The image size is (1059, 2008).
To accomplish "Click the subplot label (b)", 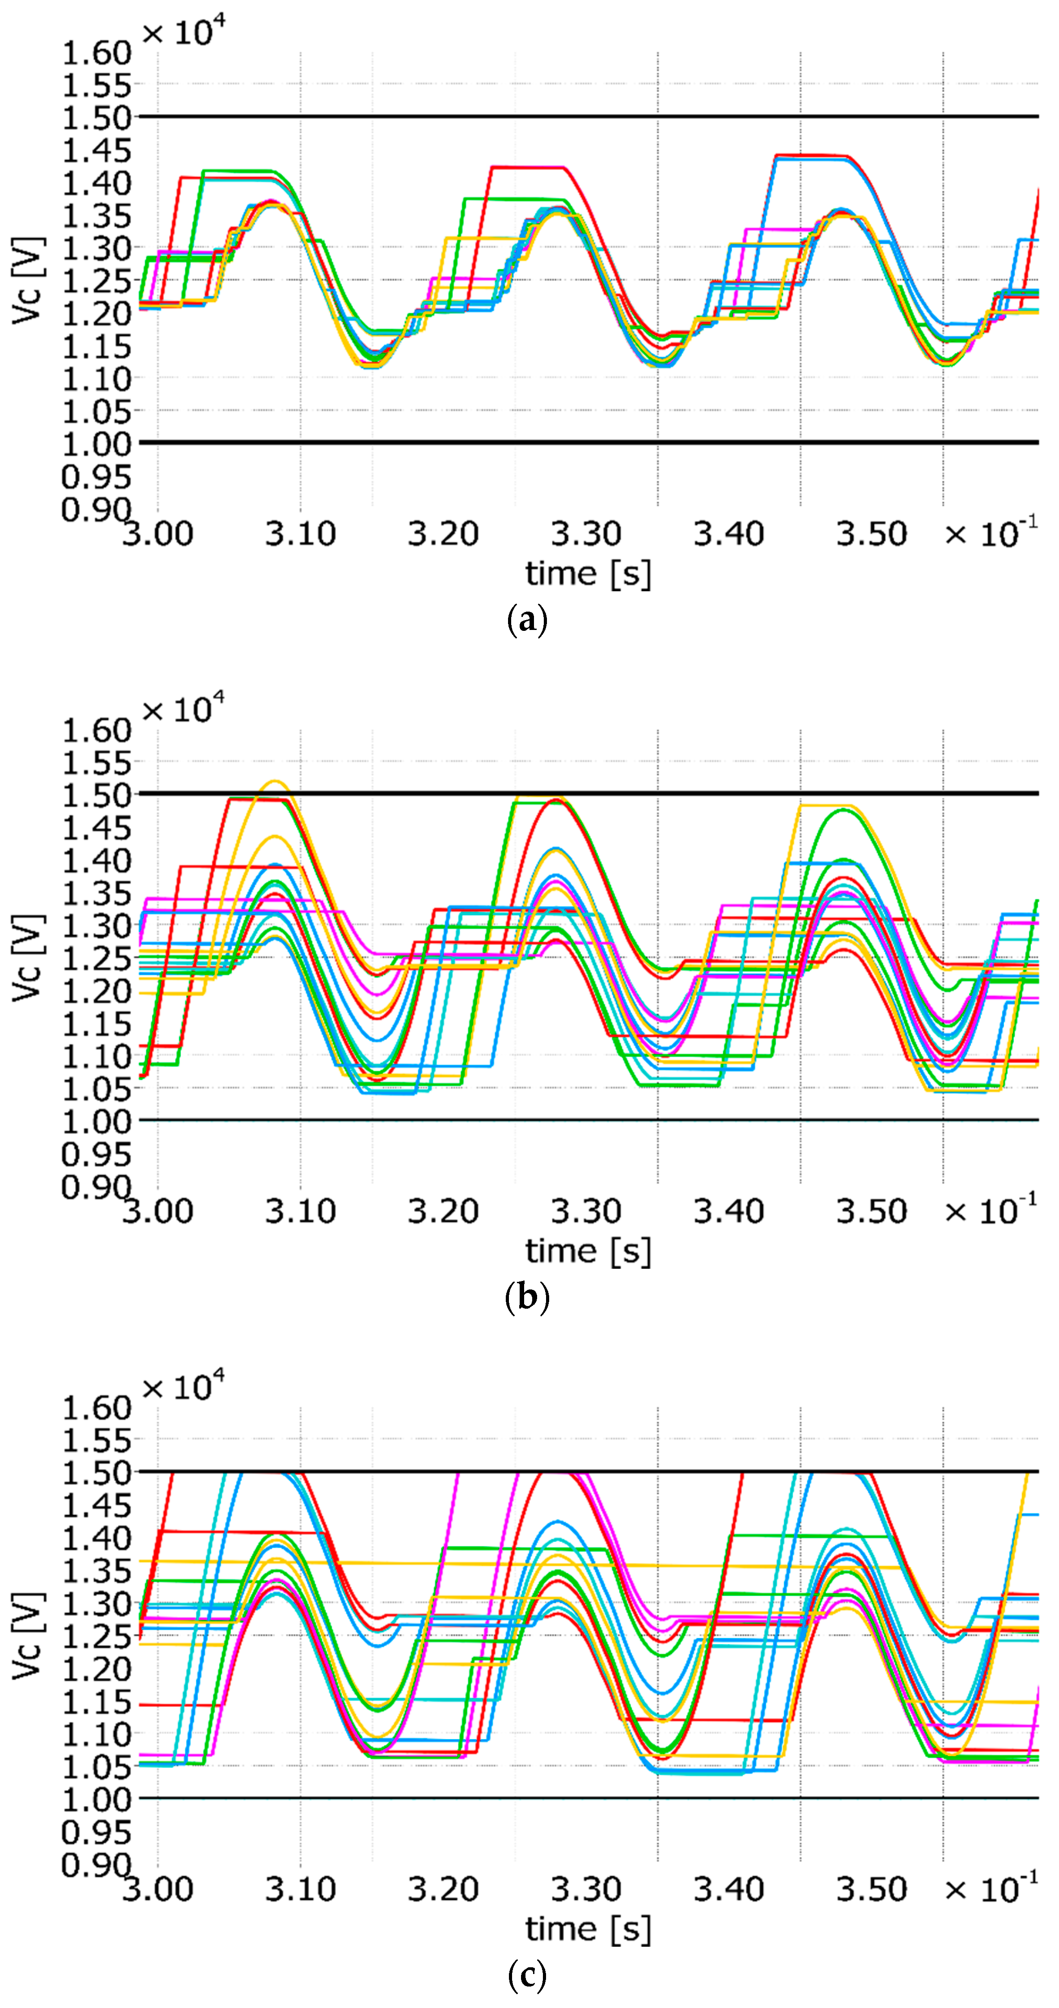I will tap(528, 1298).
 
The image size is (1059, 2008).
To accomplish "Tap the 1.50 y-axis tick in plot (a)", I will tap(97, 118).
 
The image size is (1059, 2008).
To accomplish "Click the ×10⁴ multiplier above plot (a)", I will tap(184, 32).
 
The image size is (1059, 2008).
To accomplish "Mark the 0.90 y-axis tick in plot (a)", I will tap(97, 510).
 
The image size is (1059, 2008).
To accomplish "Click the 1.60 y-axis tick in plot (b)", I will tap(97, 730).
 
